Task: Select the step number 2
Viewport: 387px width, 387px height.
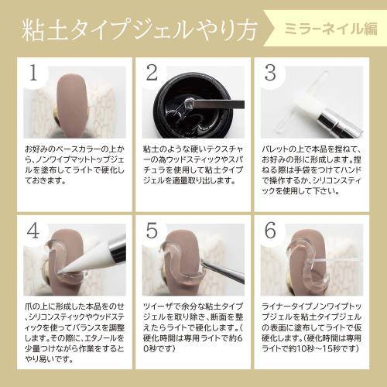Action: coord(152,74)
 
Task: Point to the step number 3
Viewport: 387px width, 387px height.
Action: coord(270,74)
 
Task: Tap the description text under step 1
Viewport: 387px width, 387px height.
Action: coord(74,164)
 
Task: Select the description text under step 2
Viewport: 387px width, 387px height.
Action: coord(193,164)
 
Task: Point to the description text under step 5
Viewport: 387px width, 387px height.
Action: coord(193,325)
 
